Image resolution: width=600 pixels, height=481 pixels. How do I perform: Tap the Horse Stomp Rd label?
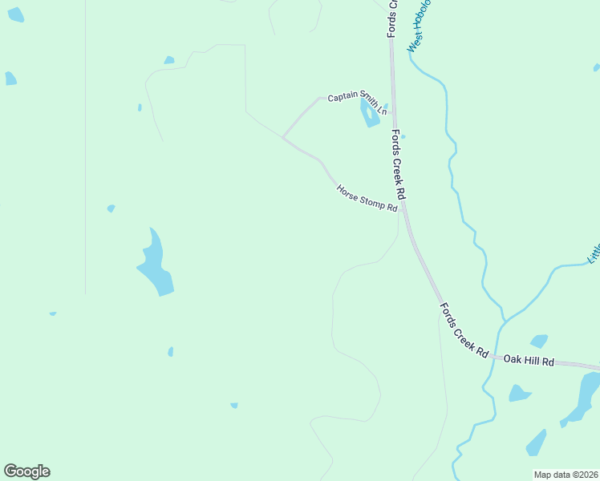pos(367,199)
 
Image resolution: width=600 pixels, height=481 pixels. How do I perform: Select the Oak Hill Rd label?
pos(529,362)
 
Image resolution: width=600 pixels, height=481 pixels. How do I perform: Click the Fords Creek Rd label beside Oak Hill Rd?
pos(464,329)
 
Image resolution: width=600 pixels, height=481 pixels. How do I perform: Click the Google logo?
pos(26,471)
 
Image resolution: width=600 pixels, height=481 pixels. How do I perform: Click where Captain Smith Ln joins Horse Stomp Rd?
pos(283,138)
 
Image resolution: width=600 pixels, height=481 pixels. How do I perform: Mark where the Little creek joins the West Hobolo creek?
pos(505,319)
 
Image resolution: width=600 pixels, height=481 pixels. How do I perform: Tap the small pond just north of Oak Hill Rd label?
pos(539,341)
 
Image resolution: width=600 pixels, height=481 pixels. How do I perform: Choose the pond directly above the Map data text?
pos(535,443)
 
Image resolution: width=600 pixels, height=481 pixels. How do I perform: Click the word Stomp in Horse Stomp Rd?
pos(371,201)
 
